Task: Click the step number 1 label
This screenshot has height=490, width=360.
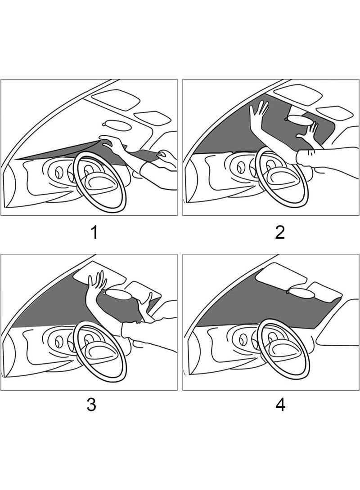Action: tap(94, 233)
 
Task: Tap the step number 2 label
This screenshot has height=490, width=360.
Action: tap(280, 233)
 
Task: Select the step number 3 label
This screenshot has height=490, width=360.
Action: tap(91, 405)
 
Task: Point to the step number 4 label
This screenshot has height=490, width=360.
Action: tap(280, 405)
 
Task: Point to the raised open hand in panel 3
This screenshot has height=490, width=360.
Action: tap(97, 283)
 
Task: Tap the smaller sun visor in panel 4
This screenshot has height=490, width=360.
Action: tap(324, 290)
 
